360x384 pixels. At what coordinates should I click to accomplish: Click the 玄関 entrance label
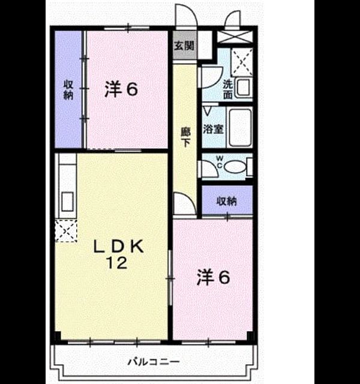184,46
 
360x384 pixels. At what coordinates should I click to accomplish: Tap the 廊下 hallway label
185,137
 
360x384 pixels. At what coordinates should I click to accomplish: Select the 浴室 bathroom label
213,129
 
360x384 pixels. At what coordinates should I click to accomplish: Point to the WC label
220,162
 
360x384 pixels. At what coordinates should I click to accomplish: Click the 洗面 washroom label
228,89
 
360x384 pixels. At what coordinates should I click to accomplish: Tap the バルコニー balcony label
154,361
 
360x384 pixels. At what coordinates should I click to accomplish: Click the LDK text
119,247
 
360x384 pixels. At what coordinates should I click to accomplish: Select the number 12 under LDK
116,263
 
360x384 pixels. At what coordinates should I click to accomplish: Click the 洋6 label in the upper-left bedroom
121,89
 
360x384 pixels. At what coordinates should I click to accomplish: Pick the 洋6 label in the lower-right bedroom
214,277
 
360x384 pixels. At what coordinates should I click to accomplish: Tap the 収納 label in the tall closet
68,89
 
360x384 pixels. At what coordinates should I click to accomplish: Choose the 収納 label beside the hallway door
227,201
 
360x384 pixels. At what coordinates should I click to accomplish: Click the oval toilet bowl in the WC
235,167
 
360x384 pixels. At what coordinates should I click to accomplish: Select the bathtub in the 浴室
240,127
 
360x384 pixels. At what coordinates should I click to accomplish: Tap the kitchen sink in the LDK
67,202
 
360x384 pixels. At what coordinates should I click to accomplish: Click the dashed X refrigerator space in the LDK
66,230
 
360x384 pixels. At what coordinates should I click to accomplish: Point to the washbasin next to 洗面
243,88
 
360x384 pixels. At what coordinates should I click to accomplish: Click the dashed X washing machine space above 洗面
242,62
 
